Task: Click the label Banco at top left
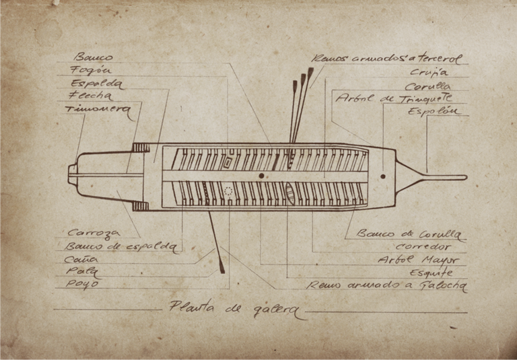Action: point(94,57)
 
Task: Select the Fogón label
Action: point(92,70)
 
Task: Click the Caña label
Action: point(81,258)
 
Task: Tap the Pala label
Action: point(81,271)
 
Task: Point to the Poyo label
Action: point(83,283)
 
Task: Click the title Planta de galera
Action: point(234,309)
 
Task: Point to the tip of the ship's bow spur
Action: point(464,178)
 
